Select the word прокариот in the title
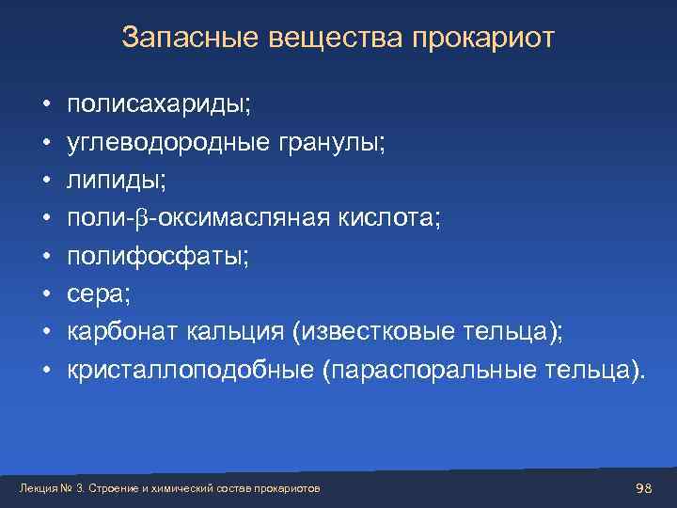coord(484,39)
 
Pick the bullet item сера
coord(98,294)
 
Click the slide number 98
coord(644,487)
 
